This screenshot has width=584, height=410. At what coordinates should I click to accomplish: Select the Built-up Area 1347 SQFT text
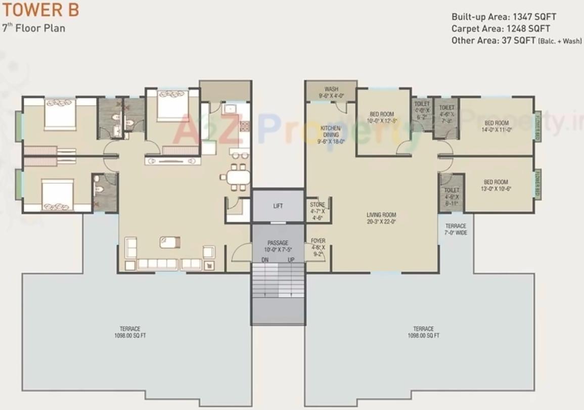click(x=504, y=17)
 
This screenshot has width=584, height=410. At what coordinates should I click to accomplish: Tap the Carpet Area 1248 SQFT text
click(x=501, y=29)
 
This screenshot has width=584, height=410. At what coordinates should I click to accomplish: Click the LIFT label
click(x=278, y=206)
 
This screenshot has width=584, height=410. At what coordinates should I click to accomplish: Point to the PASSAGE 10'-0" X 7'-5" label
click(x=278, y=246)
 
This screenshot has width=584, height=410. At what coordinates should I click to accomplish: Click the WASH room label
click(x=331, y=92)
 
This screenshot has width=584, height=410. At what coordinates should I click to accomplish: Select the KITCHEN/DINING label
click(x=331, y=135)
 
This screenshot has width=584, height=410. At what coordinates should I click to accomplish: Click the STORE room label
click(x=318, y=208)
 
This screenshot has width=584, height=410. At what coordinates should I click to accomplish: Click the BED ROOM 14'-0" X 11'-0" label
click(x=497, y=126)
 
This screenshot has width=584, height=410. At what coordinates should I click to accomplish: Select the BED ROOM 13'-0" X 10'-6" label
click(x=496, y=186)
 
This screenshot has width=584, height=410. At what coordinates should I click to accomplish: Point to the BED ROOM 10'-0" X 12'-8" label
click(x=382, y=118)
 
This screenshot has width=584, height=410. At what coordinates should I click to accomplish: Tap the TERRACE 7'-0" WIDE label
click(x=456, y=229)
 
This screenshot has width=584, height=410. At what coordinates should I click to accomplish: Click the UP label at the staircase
click(x=291, y=259)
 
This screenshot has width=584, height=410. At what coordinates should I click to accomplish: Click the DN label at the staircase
click(x=264, y=259)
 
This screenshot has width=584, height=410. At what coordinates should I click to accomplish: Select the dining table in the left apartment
click(x=237, y=177)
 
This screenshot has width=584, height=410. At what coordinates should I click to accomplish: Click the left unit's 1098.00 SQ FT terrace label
click(x=130, y=332)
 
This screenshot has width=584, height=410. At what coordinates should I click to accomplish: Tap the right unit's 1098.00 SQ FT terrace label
click(x=423, y=332)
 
